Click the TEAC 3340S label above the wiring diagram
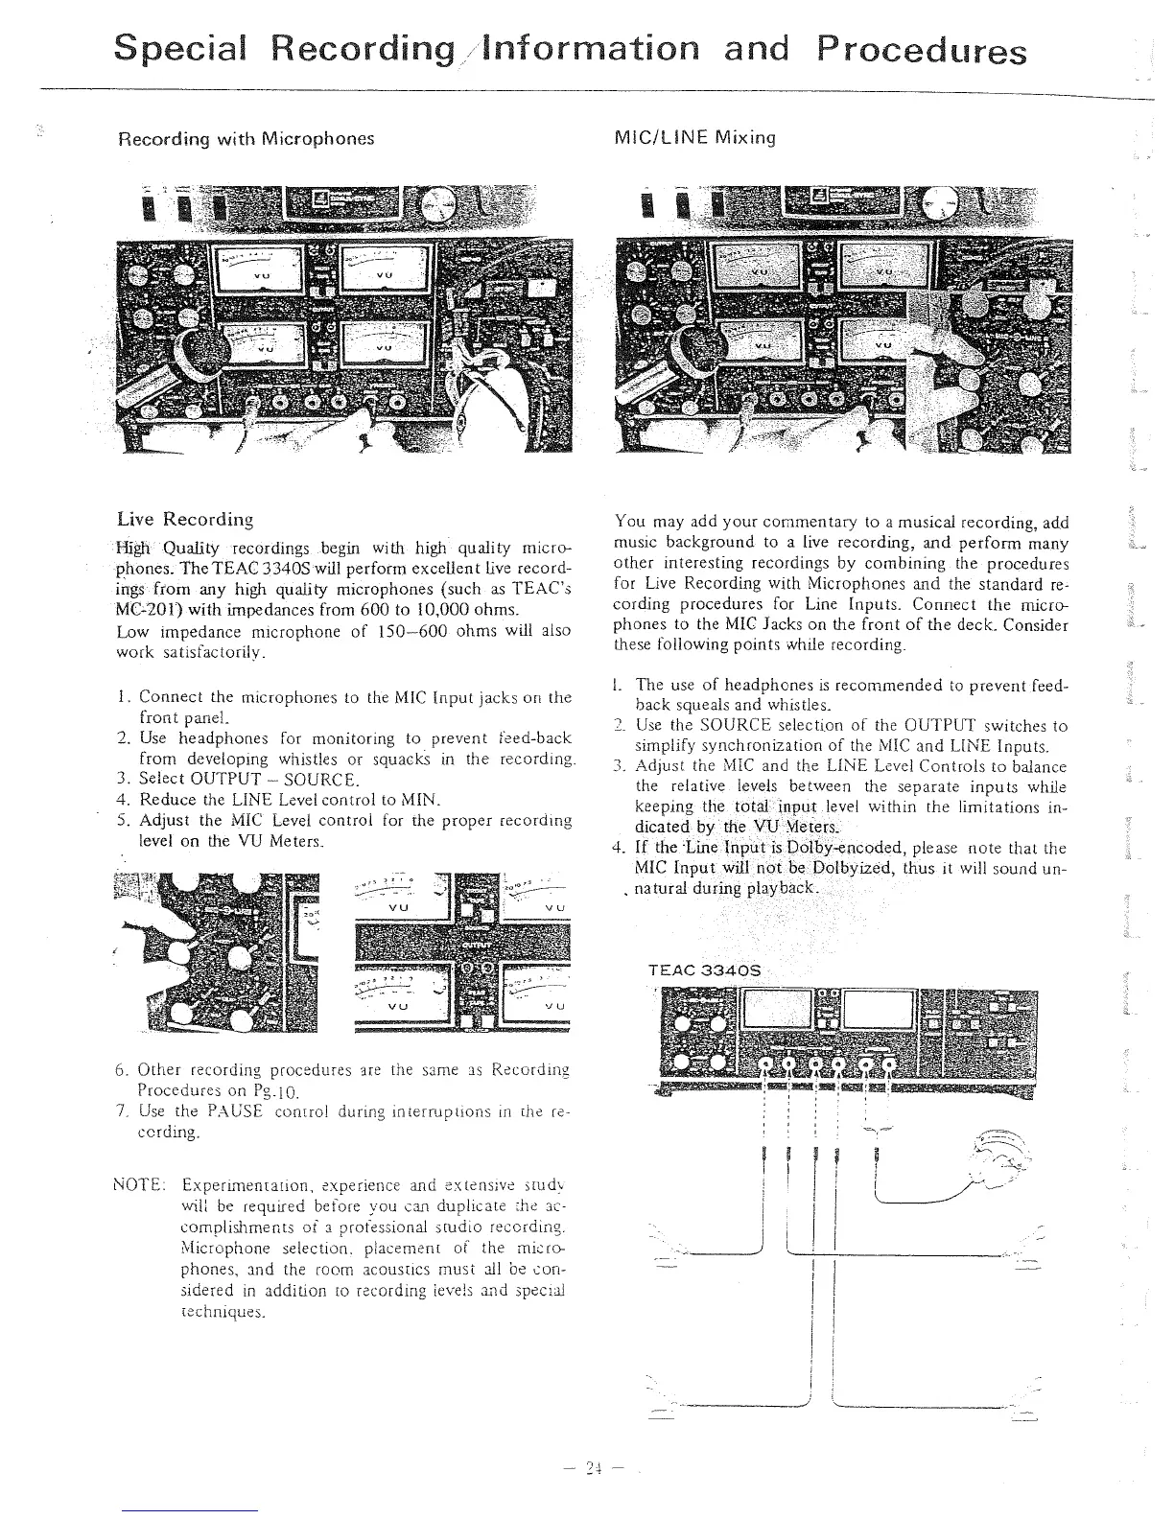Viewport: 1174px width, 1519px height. pos(704,970)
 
